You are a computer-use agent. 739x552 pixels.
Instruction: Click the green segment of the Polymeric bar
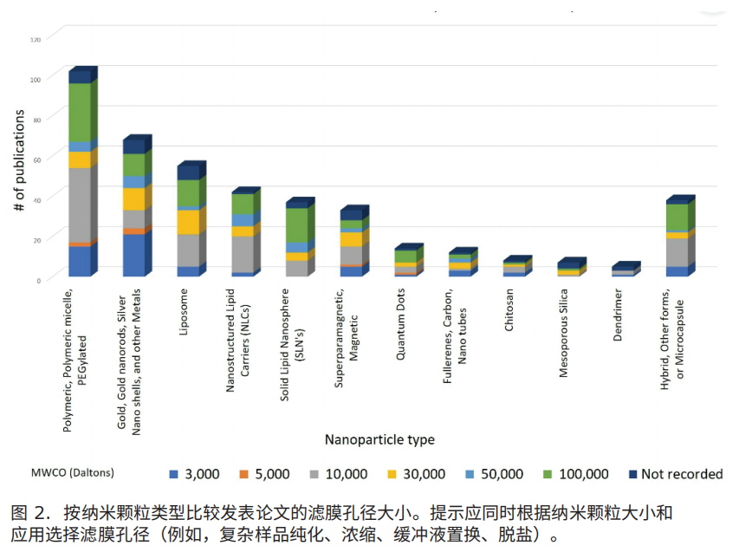point(80,113)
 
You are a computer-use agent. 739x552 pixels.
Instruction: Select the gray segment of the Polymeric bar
point(80,205)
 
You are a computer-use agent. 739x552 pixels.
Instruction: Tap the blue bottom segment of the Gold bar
point(134,255)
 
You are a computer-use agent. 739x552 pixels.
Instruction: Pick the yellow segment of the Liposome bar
point(189,222)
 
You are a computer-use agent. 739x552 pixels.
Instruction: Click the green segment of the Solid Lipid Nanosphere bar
point(297,225)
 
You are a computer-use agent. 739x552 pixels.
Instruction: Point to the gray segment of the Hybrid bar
point(677,253)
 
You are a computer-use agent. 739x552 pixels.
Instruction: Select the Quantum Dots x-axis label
point(400,324)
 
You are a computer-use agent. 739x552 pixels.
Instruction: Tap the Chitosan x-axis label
point(509,309)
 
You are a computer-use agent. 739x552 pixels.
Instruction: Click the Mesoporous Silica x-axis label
point(563,333)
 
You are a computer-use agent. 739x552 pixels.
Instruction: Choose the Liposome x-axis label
point(184,312)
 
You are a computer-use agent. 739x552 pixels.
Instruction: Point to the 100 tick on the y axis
point(36,80)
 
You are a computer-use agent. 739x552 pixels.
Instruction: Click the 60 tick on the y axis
point(37,160)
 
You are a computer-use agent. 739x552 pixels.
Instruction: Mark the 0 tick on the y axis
point(39,281)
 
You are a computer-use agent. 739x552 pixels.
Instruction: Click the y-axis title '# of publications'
point(19,160)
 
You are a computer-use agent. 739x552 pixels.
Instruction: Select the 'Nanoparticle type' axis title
point(379,440)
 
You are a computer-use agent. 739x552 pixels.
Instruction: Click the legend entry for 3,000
point(194,474)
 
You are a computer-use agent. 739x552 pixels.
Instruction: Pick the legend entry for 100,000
point(576,474)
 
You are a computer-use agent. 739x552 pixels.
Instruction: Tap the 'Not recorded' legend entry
point(676,474)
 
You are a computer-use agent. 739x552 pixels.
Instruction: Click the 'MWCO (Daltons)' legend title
point(73,473)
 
